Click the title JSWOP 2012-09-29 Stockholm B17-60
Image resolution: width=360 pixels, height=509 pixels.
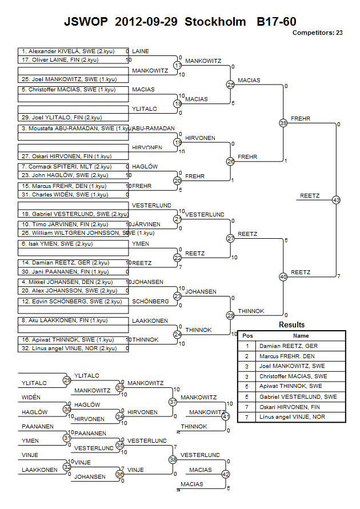(x=180, y=22)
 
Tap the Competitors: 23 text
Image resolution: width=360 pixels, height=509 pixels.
(x=317, y=33)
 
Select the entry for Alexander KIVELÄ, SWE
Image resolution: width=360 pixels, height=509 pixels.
(x=67, y=51)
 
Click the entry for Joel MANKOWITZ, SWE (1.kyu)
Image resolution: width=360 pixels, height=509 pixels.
(x=69, y=79)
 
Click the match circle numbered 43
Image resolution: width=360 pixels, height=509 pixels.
(x=336, y=200)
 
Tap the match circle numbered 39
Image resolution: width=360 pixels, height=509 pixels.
(x=283, y=123)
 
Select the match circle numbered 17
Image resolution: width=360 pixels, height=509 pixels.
(x=178, y=66)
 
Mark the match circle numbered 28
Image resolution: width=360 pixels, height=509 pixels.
(x=230, y=315)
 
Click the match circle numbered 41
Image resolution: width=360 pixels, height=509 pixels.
(x=225, y=416)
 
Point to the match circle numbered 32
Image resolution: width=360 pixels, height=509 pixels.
(x=67, y=466)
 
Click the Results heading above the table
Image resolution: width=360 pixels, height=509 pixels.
(x=292, y=325)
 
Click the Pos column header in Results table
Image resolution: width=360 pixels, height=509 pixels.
(x=247, y=336)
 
